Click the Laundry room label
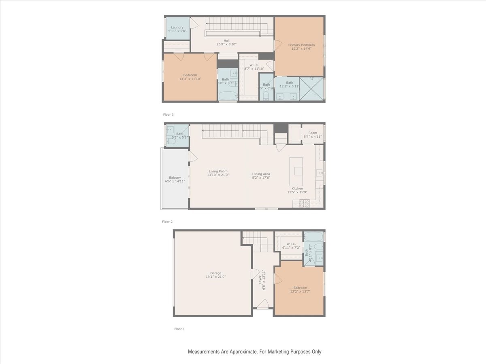177,28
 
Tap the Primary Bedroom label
301,45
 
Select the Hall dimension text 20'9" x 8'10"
226,44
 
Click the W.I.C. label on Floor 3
254,65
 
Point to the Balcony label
175,178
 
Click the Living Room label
218,171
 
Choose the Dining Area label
261,174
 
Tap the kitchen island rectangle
296,166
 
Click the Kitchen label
297,188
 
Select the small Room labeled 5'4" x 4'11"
312,133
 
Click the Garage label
215,273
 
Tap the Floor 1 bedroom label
300,288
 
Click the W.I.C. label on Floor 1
291,244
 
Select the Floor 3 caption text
168,115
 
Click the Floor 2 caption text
167,222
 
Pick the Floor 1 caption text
179,329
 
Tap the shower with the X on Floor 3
311,89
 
